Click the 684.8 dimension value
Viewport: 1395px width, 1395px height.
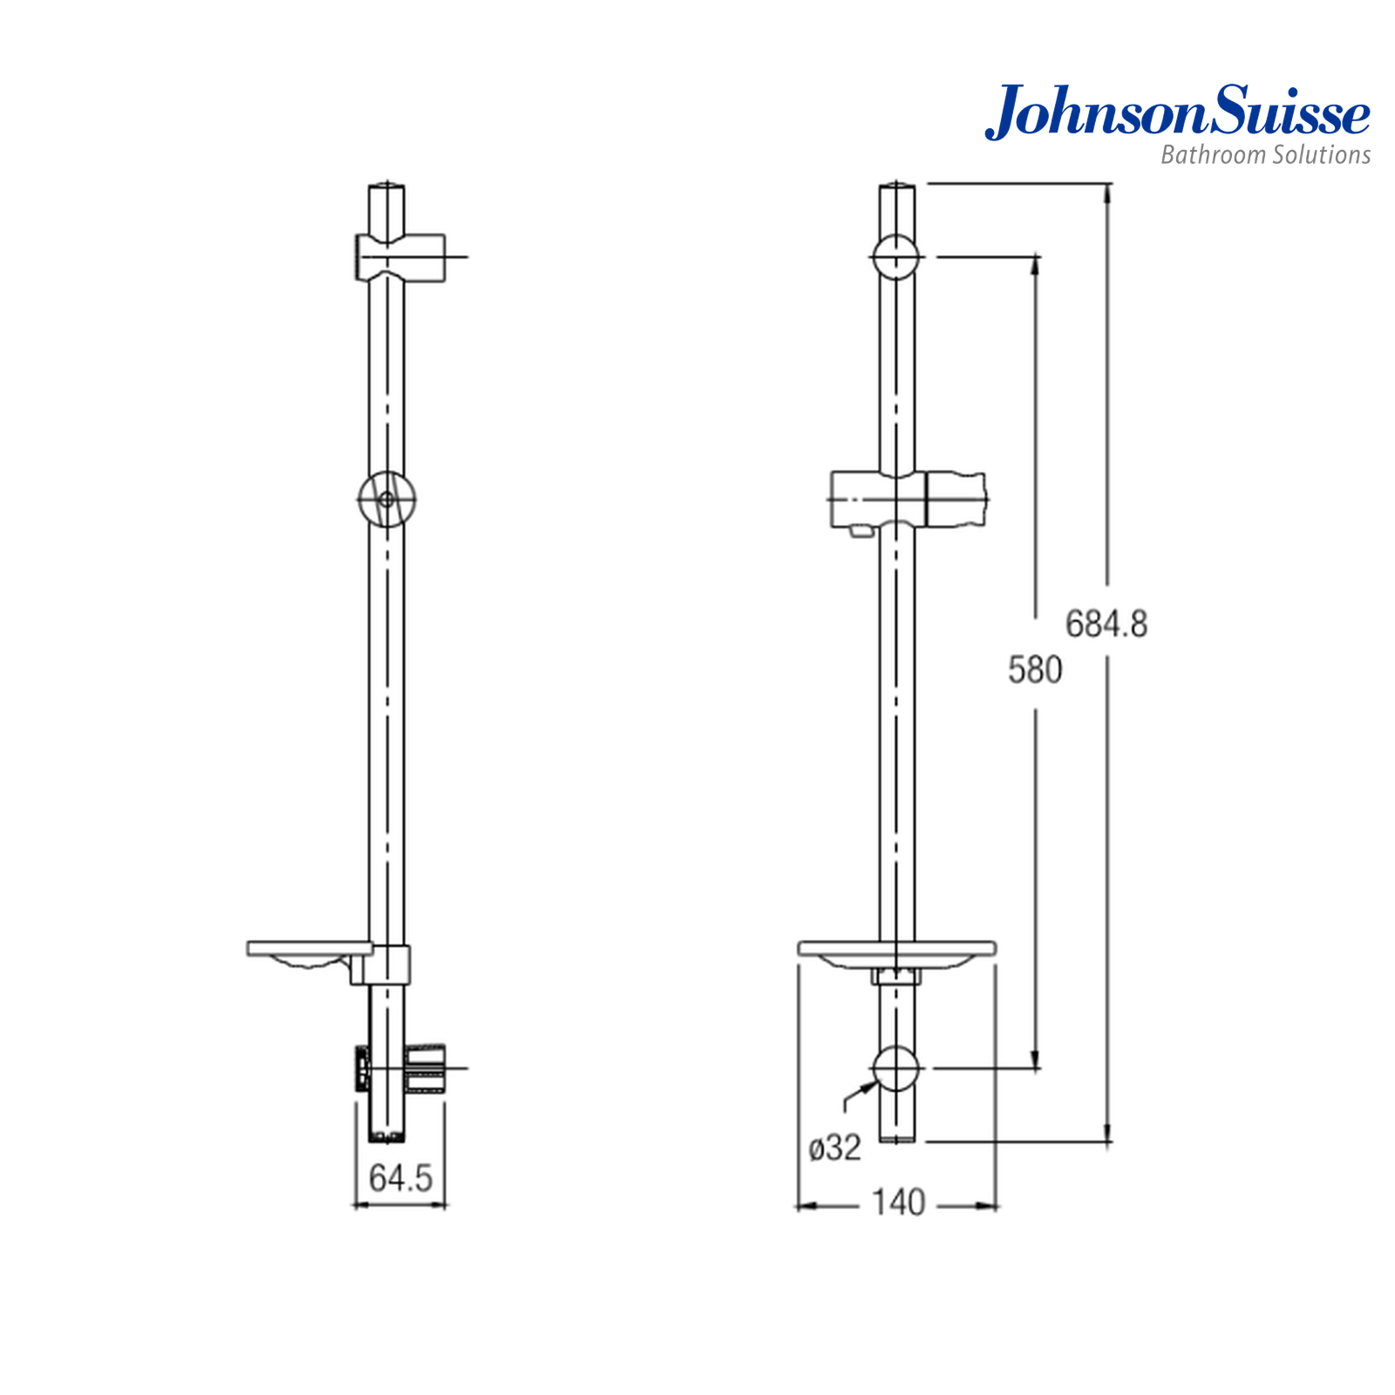[x=1106, y=624]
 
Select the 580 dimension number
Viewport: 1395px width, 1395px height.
[x=1035, y=670]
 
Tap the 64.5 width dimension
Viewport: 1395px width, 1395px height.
[x=400, y=1178]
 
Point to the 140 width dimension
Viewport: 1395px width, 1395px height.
[x=898, y=1203]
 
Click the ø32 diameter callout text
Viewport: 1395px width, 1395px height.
[x=834, y=1147]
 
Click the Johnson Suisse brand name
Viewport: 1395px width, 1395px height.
[x=1177, y=112]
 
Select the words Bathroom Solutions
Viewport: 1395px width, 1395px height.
[x=1265, y=155]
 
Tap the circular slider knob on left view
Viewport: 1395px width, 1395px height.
[x=386, y=500]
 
